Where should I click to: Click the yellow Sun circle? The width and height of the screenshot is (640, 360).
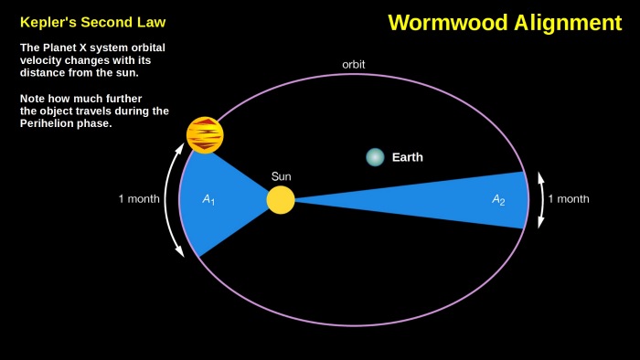281,199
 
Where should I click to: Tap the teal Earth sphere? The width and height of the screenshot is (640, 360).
375,157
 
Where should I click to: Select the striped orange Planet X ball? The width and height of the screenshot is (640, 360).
205,135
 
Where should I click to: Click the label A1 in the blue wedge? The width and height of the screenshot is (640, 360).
208,199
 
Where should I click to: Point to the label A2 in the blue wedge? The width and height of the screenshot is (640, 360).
498,199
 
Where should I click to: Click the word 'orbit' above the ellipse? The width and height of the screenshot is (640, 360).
354,65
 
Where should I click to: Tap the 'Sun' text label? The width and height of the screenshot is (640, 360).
281,175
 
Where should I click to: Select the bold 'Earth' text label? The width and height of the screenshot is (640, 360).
408,157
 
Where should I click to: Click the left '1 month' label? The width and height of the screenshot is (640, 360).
139,199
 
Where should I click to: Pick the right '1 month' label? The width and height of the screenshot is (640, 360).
568,199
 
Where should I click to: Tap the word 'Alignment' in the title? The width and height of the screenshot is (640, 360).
565,23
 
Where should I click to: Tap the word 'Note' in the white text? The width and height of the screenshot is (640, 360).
34,98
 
